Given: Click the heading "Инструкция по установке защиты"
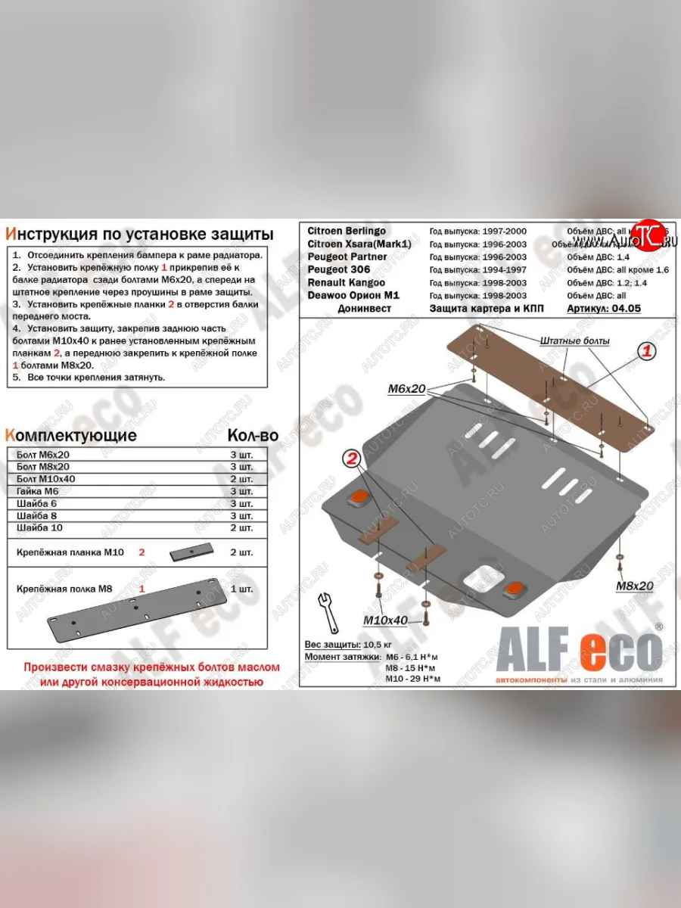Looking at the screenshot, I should [138, 233].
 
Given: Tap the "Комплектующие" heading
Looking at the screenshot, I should [71, 435].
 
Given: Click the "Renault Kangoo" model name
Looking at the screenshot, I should [347, 282].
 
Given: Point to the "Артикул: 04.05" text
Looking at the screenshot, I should [603, 309].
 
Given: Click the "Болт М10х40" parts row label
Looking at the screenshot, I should [46, 479].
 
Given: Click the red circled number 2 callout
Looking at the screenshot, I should [351, 458].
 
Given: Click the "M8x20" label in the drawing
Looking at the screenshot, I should [634, 585].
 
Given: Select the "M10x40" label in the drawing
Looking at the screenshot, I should [385, 620].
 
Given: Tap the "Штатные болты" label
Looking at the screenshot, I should [575, 341].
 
